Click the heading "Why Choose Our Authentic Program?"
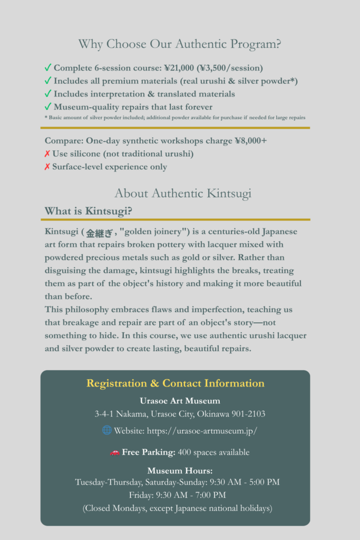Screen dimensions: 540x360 point(180,44)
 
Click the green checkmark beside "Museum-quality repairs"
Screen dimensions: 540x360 point(48,107)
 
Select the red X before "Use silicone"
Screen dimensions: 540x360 point(47,154)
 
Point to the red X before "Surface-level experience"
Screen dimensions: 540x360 point(47,167)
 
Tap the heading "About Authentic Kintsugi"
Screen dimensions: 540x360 point(182,194)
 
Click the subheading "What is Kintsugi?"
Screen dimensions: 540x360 point(88,211)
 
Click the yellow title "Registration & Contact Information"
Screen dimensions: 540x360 point(176,383)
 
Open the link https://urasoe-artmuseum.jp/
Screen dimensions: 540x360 point(202,431)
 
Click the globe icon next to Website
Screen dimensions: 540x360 point(106,430)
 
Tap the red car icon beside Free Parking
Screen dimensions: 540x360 point(114,452)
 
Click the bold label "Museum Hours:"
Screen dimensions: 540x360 point(180,471)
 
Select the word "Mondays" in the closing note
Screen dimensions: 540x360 point(128,509)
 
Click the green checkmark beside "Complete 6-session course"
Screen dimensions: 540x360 point(48,68)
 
